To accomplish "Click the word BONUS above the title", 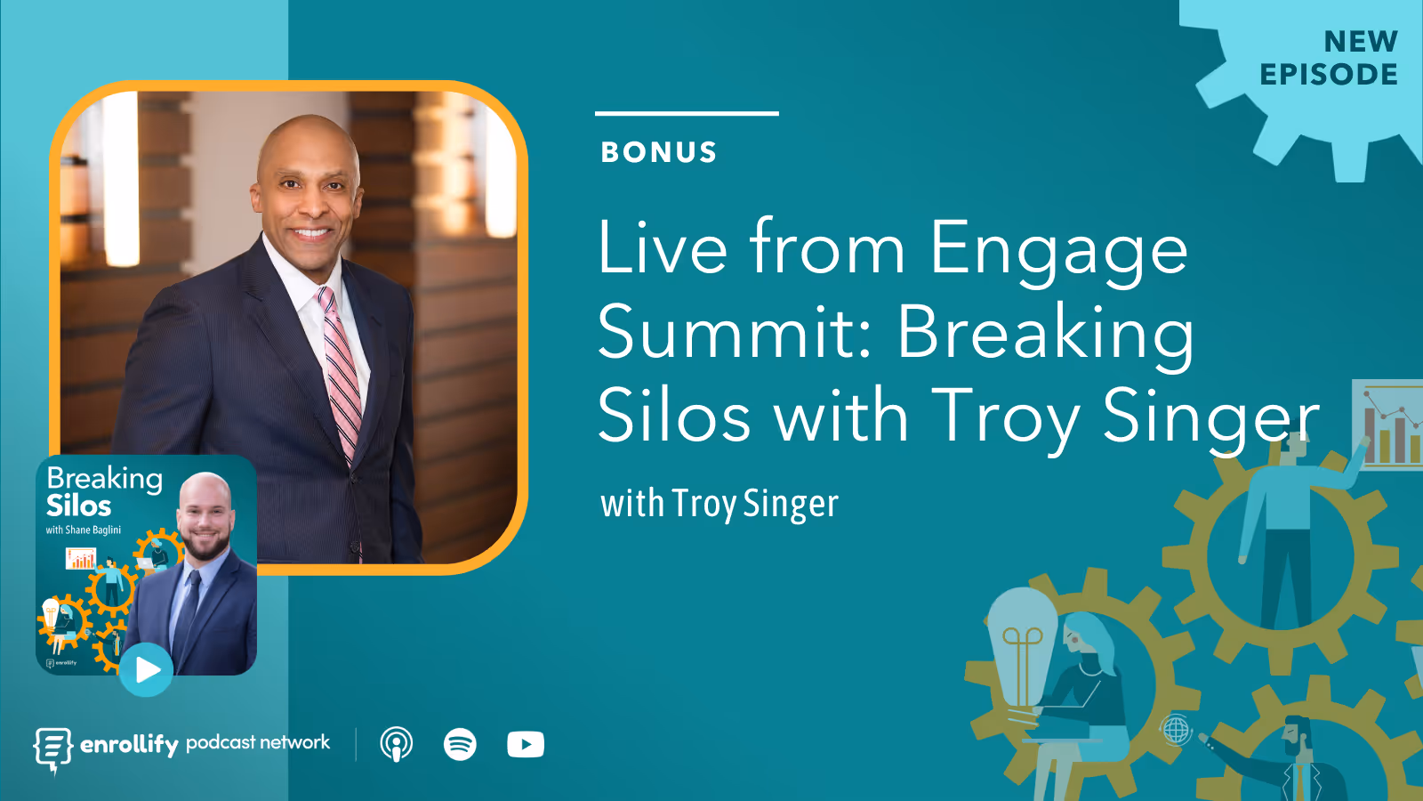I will tap(659, 152).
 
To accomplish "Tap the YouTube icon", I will tap(526, 744).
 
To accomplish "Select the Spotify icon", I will tap(460, 744).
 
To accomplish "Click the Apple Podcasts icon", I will tap(397, 744).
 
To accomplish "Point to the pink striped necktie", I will tap(342, 374).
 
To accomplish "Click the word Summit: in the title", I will tap(735, 333).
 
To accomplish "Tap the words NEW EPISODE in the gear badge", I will tap(1330, 59).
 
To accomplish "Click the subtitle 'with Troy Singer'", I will tap(720, 504).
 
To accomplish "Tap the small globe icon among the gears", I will tap(1177, 730).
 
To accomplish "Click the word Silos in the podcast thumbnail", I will tap(79, 506).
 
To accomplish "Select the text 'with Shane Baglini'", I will tap(84, 530).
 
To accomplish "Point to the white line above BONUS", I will tap(687, 113).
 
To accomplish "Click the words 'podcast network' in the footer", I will tap(258, 742).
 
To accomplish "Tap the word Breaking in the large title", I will tap(1045, 333).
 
